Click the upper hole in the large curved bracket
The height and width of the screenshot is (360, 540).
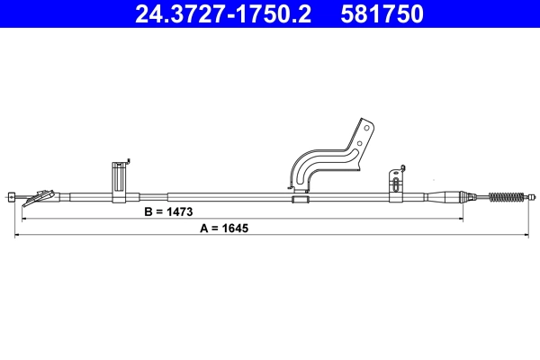point(364,128)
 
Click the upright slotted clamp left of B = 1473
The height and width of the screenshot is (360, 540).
point(119,180)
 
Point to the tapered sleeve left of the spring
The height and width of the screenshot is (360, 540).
point(445,196)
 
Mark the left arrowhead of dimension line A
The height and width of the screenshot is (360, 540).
point(18,236)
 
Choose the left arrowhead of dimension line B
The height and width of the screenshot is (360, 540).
point(23,219)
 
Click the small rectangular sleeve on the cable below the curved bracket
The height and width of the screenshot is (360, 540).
point(300,197)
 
